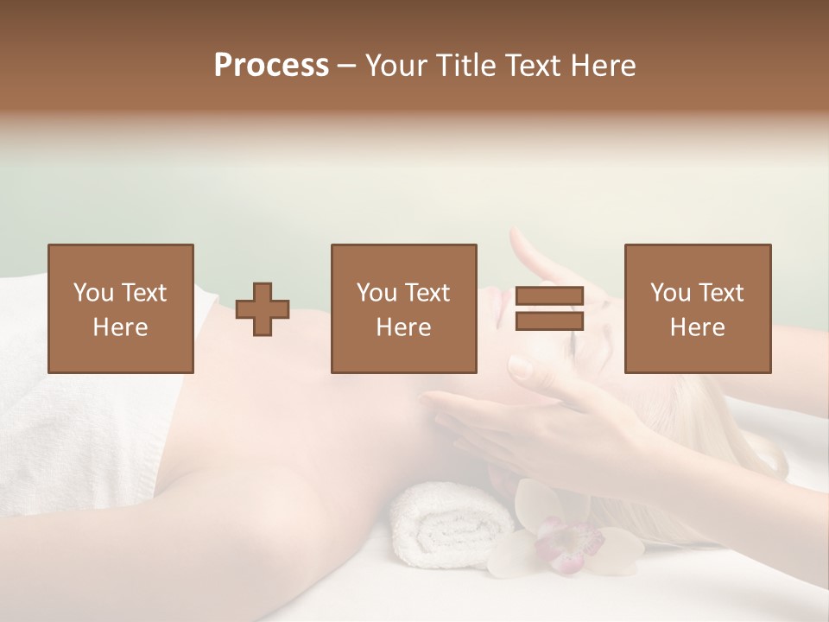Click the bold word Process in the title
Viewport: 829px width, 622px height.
(271, 66)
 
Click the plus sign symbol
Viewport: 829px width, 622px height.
(263, 308)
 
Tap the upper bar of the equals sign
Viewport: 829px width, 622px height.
(549, 295)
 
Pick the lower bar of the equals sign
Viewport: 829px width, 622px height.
(549, 321)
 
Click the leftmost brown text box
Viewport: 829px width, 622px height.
(120, 308)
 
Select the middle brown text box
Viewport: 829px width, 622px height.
(403, 308)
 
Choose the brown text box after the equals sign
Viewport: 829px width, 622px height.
(697, 308)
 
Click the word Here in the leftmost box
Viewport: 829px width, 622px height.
(120, 327)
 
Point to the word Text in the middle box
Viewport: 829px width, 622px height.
(427, 293)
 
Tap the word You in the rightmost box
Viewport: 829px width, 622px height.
(670, 293)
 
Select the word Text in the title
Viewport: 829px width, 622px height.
(533, 66)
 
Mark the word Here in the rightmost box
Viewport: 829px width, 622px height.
(697, 327)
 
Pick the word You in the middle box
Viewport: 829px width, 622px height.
(377, 293)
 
